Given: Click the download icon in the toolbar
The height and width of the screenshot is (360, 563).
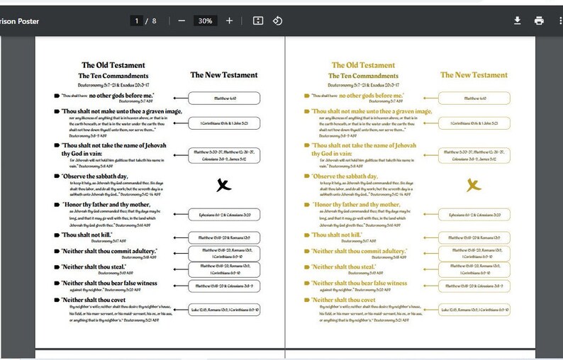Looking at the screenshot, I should coord(518,21).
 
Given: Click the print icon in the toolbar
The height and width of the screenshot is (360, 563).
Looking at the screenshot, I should coord(539,21).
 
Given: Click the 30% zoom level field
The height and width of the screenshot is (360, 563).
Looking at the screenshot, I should coord(205,21).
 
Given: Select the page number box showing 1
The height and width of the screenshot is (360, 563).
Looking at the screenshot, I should coord(136,21).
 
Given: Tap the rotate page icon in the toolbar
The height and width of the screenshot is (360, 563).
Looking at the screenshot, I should coord(278,21).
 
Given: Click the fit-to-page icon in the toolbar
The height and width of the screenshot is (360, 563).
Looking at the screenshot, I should coord(258,21).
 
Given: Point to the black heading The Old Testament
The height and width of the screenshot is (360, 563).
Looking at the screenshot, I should coord(113,65).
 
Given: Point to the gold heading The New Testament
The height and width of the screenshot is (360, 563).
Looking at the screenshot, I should coord(474,74).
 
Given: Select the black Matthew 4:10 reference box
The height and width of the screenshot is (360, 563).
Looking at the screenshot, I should coord(225,99).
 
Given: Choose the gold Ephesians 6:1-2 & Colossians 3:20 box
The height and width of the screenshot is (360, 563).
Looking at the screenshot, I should coord(474,214).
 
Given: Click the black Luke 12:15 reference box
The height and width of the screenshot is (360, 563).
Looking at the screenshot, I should coord(225,309).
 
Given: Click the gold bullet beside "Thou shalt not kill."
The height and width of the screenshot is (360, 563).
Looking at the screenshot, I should coord(306,235).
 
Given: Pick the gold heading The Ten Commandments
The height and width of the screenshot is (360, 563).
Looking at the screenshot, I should coord(363,76).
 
